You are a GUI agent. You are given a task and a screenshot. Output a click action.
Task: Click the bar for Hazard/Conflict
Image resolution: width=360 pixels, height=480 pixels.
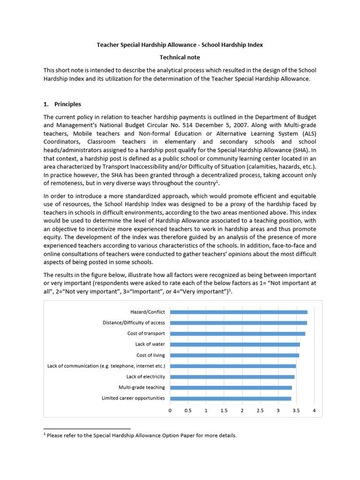point(239,312)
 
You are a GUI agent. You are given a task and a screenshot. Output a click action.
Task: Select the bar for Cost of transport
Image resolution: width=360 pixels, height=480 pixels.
point(237,334)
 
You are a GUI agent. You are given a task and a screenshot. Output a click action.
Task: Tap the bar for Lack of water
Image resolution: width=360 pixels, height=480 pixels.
point(235,345)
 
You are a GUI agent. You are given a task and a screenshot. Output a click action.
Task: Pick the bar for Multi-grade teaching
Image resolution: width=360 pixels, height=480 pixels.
point(231,388)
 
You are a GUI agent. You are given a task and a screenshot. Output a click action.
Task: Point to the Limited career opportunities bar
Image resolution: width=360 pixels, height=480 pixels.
point(230,398)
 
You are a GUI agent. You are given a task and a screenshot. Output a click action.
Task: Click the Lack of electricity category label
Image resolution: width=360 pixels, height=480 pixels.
point(145,377)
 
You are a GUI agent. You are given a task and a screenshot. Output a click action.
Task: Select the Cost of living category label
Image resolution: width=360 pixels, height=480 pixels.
point(150,355)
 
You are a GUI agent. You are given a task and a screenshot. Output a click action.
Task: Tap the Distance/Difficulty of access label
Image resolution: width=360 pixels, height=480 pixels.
point(134,323)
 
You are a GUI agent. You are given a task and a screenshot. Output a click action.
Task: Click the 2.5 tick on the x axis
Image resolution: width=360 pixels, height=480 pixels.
point(260,411)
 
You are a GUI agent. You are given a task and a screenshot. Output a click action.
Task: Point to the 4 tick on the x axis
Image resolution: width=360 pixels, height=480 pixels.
point(314,411)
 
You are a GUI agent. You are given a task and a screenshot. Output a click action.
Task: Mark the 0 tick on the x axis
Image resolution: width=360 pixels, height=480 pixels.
point(170,411)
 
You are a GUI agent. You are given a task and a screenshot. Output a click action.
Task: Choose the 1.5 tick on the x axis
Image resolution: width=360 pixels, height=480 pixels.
point(224,411)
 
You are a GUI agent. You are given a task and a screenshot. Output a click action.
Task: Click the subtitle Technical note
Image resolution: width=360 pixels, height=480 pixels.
point(180,57)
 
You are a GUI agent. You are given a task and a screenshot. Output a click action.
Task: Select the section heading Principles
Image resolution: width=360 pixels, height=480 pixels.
point(67,104)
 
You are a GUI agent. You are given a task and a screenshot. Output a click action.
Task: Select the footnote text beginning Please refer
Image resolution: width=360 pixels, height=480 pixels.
point(142,435)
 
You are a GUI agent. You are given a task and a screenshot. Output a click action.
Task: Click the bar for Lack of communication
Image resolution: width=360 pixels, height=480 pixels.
point(233,366)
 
